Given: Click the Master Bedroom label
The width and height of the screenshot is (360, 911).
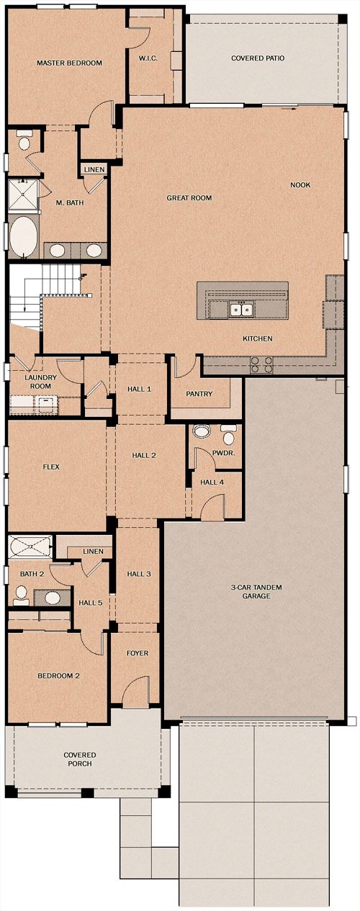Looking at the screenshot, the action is point(69,63).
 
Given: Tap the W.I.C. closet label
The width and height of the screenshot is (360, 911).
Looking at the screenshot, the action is point(148,58).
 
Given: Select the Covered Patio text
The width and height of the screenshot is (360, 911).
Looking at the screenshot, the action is point(258,58).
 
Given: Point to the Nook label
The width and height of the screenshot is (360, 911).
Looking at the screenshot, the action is point(300,185).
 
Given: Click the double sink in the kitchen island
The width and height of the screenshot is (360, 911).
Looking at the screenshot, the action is point(242,310).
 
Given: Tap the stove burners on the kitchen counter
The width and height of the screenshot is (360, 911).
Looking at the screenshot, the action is point(261,364).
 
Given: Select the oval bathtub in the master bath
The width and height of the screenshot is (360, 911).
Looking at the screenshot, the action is point(23,237).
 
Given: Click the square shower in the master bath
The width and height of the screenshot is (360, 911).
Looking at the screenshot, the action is point(23,195).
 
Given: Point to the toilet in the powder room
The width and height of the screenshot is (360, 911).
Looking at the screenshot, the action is point(229,436).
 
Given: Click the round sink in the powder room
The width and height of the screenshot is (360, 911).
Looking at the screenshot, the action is point(201,431).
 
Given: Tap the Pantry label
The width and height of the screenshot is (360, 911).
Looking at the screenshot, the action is point(199,394).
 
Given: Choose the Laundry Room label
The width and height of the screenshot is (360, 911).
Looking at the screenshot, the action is point(40,382).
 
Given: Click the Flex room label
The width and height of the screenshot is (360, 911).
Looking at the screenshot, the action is point(51,467).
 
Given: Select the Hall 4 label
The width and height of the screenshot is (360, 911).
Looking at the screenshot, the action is point(212,483).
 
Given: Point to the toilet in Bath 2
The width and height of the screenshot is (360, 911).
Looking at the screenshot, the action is point(21,595).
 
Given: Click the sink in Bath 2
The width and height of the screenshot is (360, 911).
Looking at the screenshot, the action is point(52,598).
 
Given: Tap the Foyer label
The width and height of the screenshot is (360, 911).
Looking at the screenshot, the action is point(138,653).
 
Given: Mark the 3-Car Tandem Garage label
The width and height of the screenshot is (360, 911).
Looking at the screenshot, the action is point(256,592).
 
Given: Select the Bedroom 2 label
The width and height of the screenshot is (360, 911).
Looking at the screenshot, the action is point(58,676).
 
